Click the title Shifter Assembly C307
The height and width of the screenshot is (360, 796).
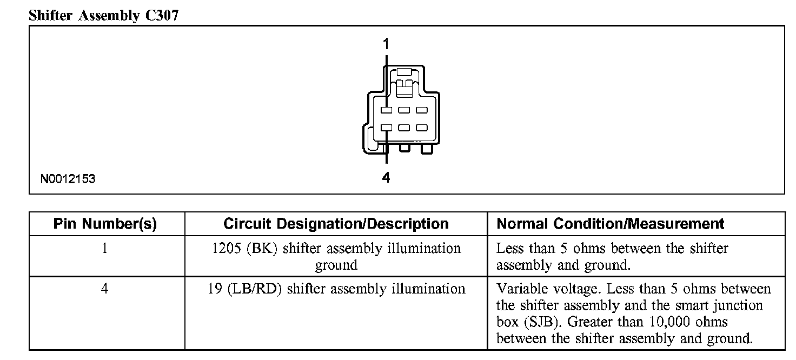[103, 16]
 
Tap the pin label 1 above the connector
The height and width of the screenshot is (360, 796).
[386, 44]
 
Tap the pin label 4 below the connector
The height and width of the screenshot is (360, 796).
[386, 177]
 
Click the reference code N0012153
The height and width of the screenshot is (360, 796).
[68, 179]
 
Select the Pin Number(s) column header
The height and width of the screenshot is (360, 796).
[105, 224]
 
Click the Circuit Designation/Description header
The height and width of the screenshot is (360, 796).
[336, 224]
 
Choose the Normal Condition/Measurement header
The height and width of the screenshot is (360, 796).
[611, 224]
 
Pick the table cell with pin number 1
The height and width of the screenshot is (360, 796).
[105, 249]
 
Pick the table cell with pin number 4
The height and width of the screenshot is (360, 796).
[105, 289]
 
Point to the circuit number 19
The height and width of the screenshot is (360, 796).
[214, 289]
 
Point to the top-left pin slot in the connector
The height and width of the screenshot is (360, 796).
[386, 110]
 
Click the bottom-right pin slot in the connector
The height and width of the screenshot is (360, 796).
[421, 128]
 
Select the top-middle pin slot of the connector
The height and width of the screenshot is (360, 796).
[404, 110]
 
